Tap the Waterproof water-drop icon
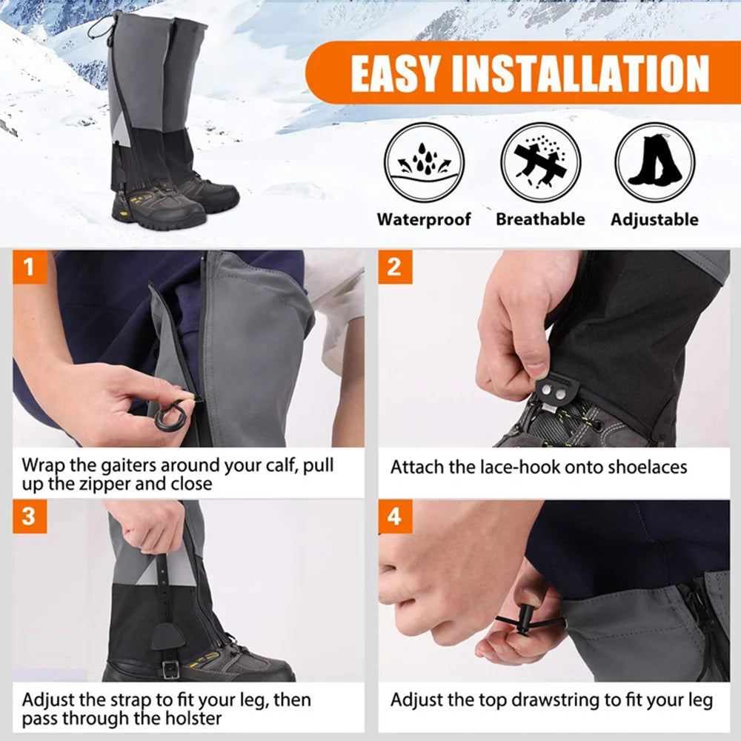click(424, 162)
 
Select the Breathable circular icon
click(540, 162)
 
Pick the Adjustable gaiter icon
click(654, 162)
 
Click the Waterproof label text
click(424, 219)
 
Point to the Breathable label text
click(540, 219)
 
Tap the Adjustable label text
click(654, 219)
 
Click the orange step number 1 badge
click(29, 267)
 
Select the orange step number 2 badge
click(394, 267)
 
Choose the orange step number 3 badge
click(29, 516)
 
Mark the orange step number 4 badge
click(394, 516)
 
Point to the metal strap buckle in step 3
click(171, 669)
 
